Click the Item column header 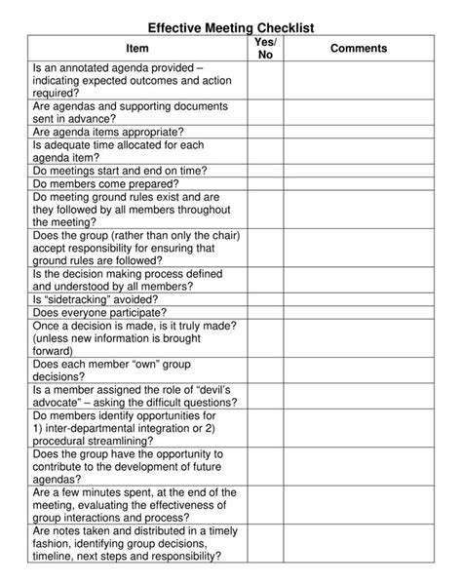[x=138, y=48]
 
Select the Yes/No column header [x=265, y=48]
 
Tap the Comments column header [x=359, y=48]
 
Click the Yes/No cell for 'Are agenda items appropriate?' [x=265, y=130]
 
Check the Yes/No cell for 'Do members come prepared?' [x=265, y=182]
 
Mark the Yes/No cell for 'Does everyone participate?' [x=265, y=313]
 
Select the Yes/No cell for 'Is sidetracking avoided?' [x=265, y=300]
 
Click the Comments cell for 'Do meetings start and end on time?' [x=359, y=170]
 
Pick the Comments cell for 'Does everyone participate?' [x=359, y=313]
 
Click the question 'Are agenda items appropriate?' [x=107, y=130]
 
